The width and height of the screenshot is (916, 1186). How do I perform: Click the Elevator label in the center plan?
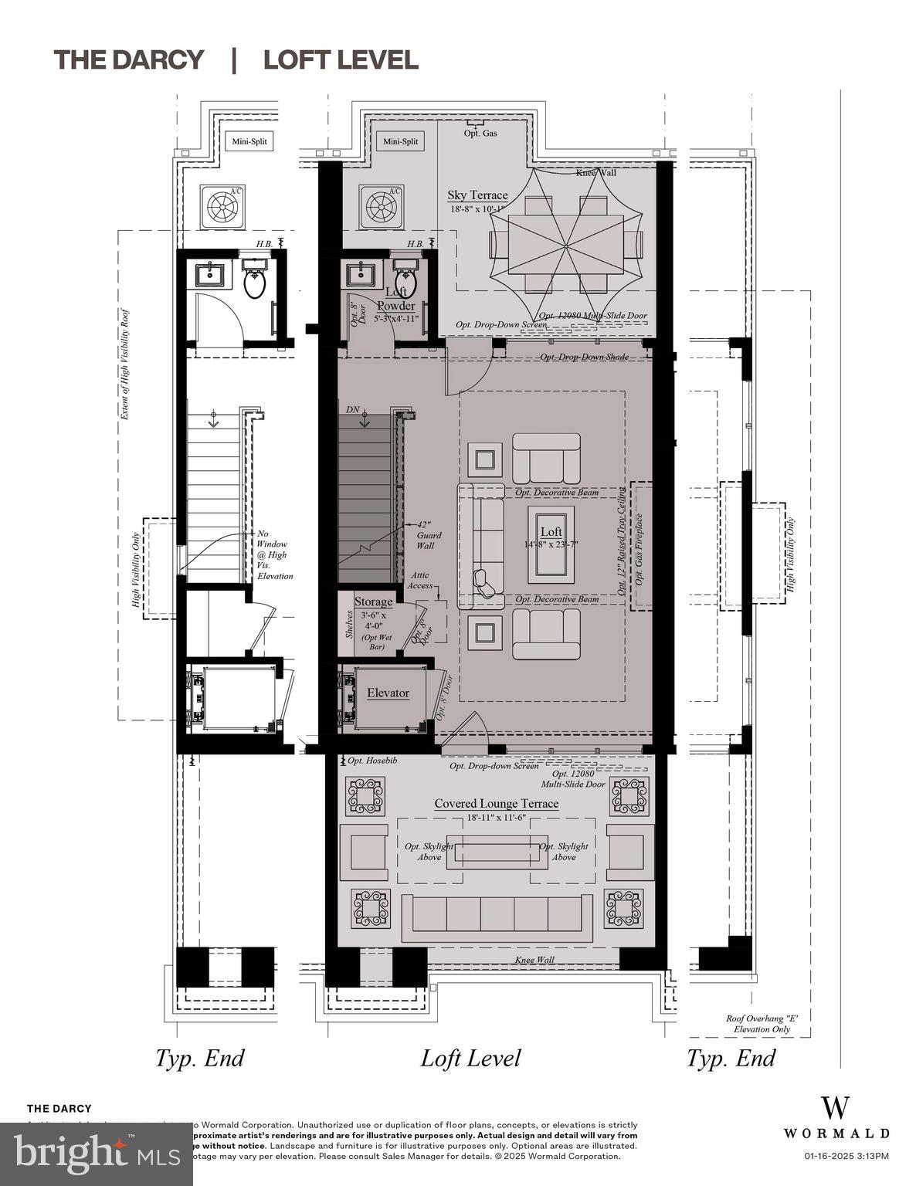tap(388, 693)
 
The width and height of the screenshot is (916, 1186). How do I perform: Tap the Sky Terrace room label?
tap(477, 195)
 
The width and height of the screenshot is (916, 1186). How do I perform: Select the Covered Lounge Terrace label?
tap(496, 804)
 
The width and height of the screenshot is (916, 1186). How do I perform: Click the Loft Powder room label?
tap(395, 300)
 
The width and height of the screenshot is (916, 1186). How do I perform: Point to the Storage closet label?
tap(373, 601)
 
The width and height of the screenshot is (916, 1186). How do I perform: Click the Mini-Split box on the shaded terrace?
tap(400, 141)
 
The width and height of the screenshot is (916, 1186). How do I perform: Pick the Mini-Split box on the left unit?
tap(249, 141)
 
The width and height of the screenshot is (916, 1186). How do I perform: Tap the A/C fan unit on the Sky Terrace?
tap(382, 206)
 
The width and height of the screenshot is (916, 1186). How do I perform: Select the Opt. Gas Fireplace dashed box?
tap(641, 546)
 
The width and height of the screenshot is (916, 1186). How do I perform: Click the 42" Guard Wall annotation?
tap(429, 534)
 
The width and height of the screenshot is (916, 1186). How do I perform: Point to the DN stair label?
tap(353, 409)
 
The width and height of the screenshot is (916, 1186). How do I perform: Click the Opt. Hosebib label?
tap(371, 761)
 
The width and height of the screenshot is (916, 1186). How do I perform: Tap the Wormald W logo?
tap(836, 1107)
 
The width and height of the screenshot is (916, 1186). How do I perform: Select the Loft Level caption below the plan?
tap(470, 1058)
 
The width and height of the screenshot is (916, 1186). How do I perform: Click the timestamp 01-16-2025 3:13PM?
tap(846, 1156)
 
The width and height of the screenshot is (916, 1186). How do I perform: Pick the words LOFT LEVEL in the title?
tap(341, 59)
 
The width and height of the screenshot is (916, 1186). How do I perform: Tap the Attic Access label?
tap(420, 581)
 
